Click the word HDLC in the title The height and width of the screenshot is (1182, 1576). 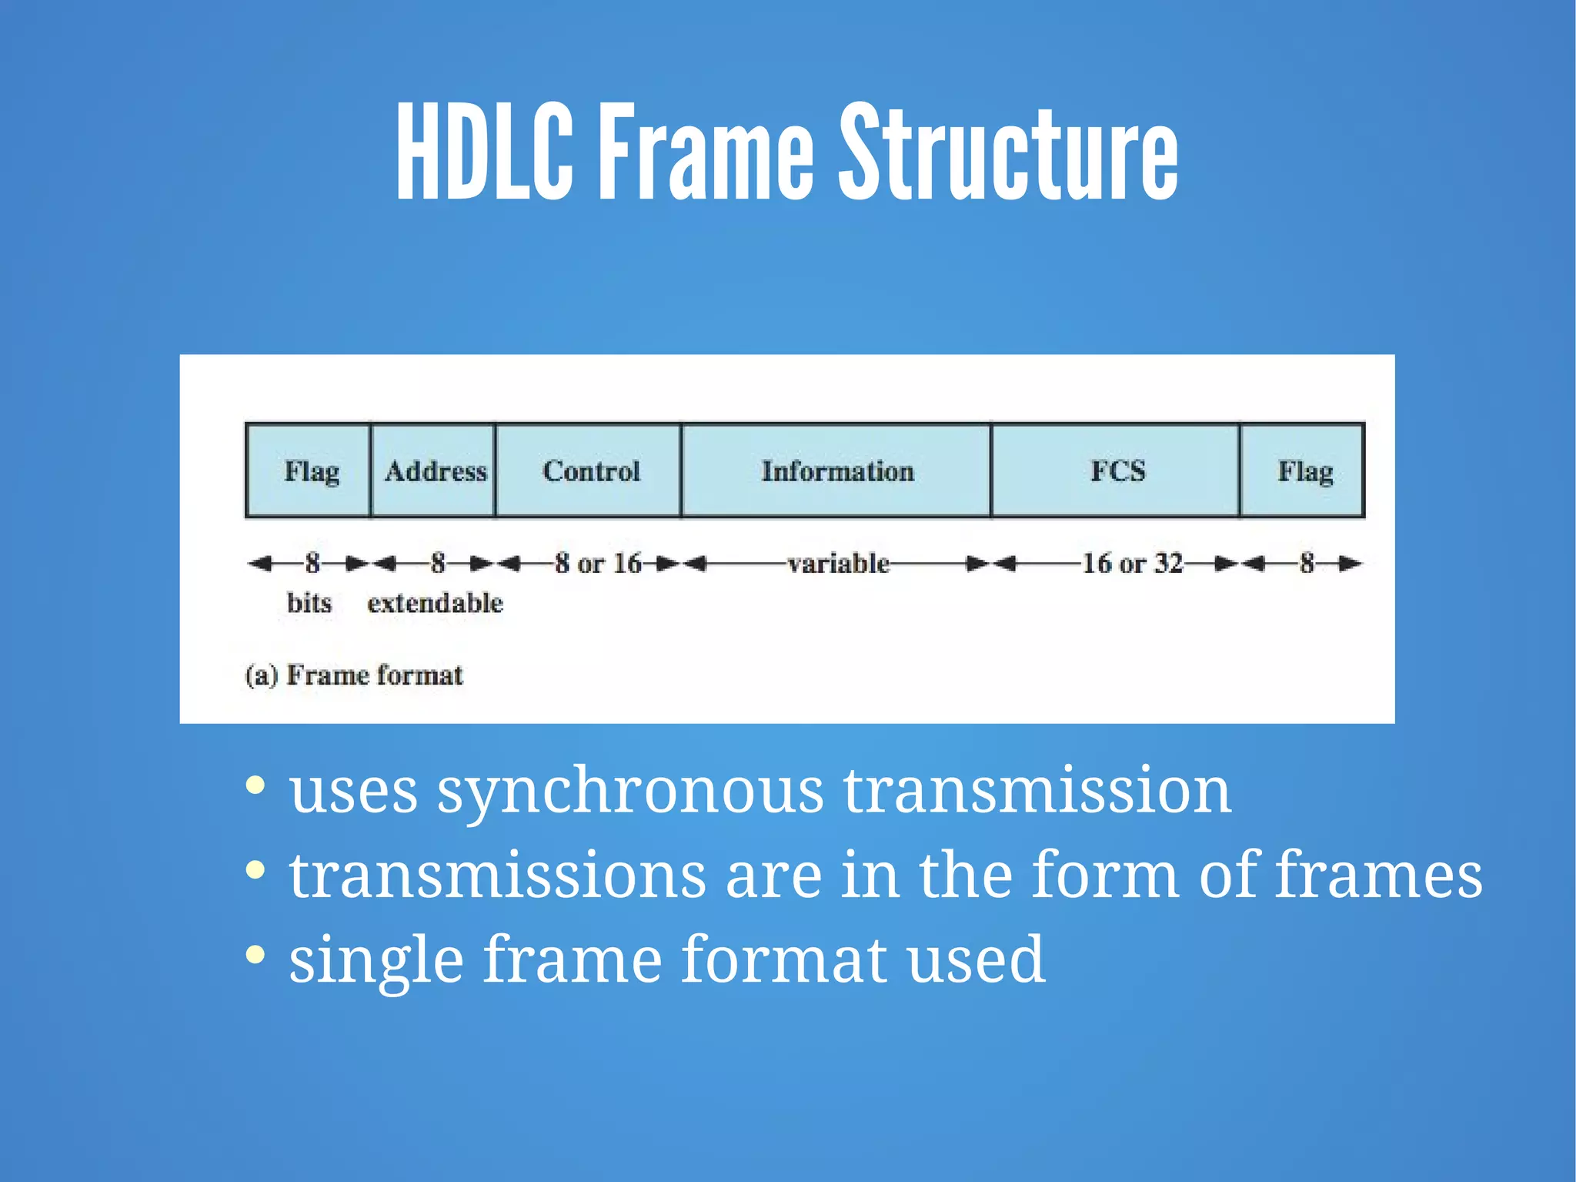click(485, 152)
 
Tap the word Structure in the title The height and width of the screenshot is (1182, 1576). click(1008, 152)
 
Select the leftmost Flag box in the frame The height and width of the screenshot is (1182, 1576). click(309, 470)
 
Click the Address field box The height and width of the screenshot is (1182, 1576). click(434, 470)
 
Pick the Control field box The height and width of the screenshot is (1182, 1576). click(589, 470)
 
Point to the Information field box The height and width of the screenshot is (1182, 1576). click(837, 470)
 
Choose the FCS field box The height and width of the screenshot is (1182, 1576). click(1117, 470)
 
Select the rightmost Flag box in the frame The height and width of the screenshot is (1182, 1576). click(1304, 470)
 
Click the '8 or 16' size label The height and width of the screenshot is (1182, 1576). click(598, 564)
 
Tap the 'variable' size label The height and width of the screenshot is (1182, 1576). click(838, 564)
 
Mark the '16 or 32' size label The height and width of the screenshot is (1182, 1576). click(1132, 564)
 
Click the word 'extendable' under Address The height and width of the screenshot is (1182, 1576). click(435, 603)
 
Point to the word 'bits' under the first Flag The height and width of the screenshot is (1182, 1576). click(309, 603)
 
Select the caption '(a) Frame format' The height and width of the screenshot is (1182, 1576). click(354, 675)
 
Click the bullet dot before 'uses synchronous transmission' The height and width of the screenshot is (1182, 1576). click(255, 786)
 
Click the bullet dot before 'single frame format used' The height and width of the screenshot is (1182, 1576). click(255, 955)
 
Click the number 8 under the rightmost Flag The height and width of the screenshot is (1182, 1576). click(1306, 564)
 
